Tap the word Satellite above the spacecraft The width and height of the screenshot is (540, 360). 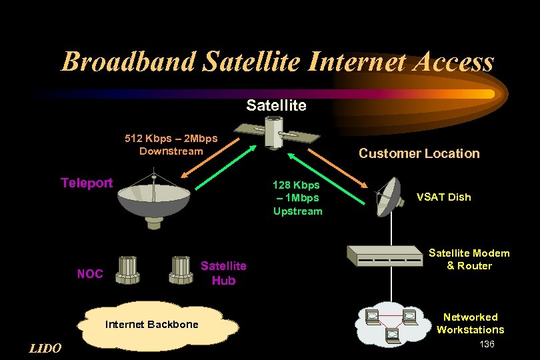click(x=276, y=105)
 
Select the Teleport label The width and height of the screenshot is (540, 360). click(x=87, y=183)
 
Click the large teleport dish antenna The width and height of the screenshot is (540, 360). click(x=153, y=200)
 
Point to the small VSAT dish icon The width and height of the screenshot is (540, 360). click(x=388, y=196)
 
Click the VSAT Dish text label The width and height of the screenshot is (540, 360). click(x=443, y=197)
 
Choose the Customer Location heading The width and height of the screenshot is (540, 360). click(x=419, y=153)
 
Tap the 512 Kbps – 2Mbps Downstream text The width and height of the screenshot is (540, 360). click(x=171, y=145)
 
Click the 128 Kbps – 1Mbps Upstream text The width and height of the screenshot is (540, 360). click(x=297, y=197)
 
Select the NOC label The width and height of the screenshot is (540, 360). click(x=90, y=273)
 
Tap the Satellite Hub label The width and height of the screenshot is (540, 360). click(x=223, y=273)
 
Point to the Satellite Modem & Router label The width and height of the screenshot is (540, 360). click(x=469, y=259)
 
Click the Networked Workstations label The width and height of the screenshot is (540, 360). click(x=470, y=323)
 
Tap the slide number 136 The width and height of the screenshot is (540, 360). click(x=487, y=344)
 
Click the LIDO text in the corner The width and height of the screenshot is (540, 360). click(x=46, y=348)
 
